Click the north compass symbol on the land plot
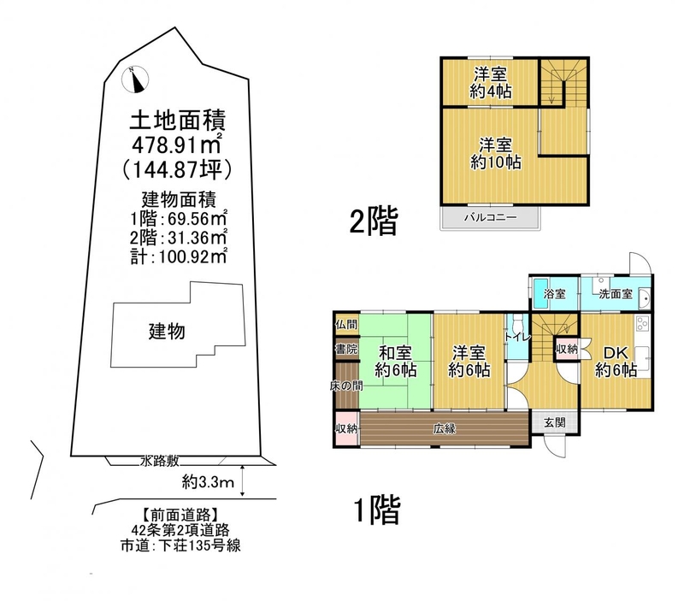pyautogui.click(x=136, y=80)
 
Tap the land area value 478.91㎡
pyautogui.click(x=177, y=144)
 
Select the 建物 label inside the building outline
pyautogui.click(x=167, y=332)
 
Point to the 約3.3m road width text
pyautogui.click(x=208, y=482)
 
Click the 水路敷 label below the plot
pyautogui.click(x=160, y=461)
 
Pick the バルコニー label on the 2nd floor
pyautogui.click(x=490, y=217)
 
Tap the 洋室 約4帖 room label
pyautogui.click(x=491, y=82)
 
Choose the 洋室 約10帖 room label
pyautogui.click(x=495, y=154)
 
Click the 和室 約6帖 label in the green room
pyautogui.click(x=395, y=361)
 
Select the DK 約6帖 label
pyautogui.click(x=616, y=361)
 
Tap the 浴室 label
pyautogui.click(x=554, y=293)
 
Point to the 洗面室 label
pyautogui.click(x=615, y=293)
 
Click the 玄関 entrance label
pyautogui.click(x=555, y=421)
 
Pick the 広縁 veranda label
pyautogui.click(x=444, y=428)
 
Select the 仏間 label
pyautogui.click(x=346, y=324)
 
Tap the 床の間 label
pyautogui.click(x=346, y=386)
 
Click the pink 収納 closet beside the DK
pyautogui.click(x=567, y=349)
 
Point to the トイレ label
pyautogui.click(x=517, y=337)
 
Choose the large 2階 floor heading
pyautogui.click(x=374, y=221)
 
